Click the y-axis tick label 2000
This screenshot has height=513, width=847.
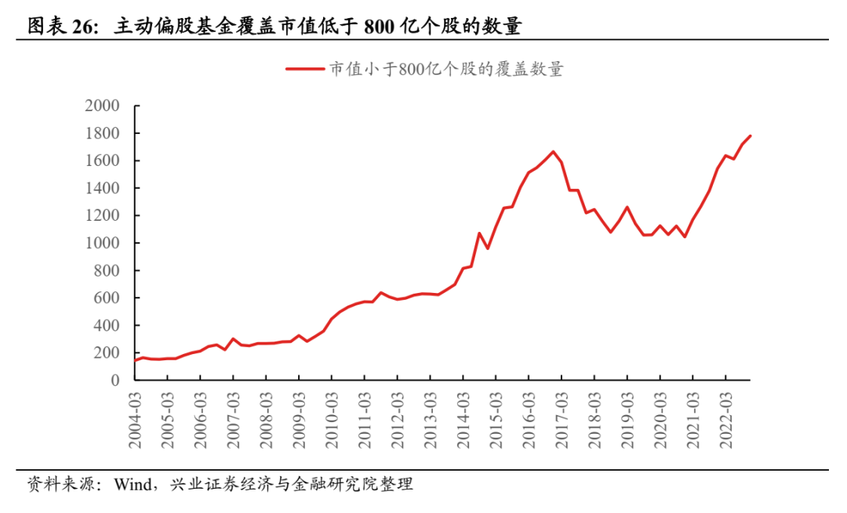point(102,107)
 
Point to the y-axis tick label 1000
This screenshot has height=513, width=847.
point(102,244)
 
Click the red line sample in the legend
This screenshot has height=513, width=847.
point(305,70)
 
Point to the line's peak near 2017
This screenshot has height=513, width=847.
point(553,152)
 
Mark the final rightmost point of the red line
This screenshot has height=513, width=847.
point(751,135)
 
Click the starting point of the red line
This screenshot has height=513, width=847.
point(134,360)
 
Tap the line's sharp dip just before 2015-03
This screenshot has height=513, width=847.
point(487,248)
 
